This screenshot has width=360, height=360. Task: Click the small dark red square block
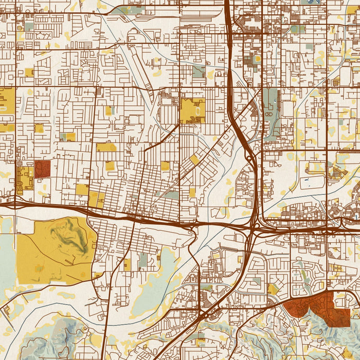point(42,169)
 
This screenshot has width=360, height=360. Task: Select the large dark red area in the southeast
point(319,306)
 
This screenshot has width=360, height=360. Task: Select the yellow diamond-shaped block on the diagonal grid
point(194,159)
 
